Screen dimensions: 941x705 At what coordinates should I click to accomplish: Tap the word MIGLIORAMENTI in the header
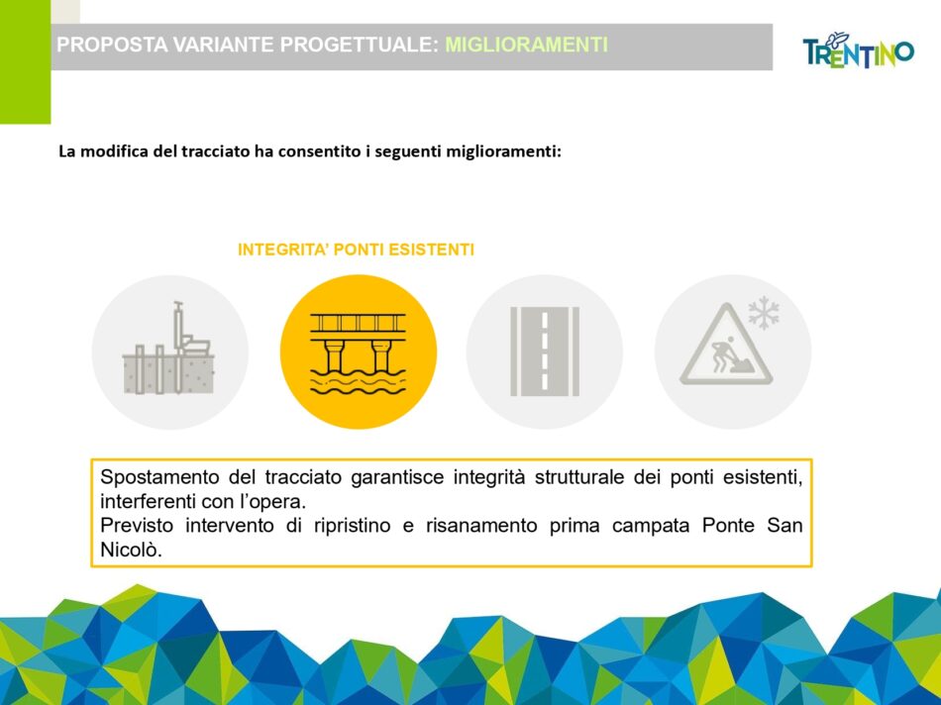pos(526,45)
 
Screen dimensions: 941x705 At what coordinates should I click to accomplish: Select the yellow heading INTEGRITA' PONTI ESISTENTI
pos(356,250)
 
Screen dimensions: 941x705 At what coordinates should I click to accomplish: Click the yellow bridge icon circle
pos(359,352)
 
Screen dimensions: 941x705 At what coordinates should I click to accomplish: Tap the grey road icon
pos(545,352)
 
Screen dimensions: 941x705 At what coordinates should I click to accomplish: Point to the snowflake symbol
pos(764,313)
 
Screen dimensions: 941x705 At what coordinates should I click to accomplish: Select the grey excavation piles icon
pos(168,348)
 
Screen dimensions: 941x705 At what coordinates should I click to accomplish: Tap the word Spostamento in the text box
pos(159,477)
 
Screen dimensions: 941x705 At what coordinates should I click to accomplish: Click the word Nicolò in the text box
pos(131,550)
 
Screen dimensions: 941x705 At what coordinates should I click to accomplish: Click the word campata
pos(651,527)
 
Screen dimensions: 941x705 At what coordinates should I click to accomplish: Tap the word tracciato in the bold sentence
pos(216,151)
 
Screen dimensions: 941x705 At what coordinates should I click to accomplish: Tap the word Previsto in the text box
pos(137,526)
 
